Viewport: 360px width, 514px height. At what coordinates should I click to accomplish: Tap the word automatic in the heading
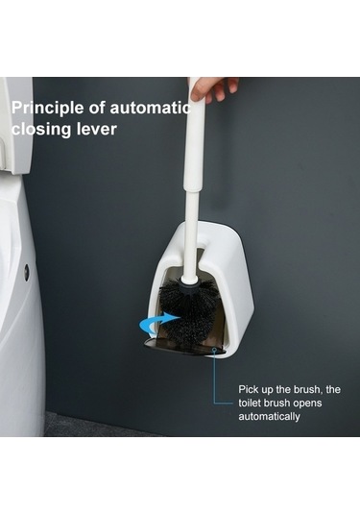coord(151,108)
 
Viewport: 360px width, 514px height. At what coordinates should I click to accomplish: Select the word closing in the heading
coord(41,129)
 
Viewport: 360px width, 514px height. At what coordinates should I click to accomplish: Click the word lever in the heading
coord(96,128)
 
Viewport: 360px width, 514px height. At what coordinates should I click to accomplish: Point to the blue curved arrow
coord(154,323)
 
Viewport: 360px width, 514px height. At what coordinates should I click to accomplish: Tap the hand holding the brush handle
coord(213,89)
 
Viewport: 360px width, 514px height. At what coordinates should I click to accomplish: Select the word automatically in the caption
coord(269,417)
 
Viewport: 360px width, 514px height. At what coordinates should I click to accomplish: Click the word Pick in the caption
coord(247,389)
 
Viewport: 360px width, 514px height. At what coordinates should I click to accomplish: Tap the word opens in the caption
coord(307,403)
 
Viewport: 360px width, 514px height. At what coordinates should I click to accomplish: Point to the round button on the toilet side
coord(27,272)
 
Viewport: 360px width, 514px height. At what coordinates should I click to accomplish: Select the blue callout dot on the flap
coord(214,350)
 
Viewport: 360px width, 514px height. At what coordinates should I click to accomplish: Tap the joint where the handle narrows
coord(192,190)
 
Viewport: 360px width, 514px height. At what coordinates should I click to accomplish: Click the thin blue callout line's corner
coord(214,404)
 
